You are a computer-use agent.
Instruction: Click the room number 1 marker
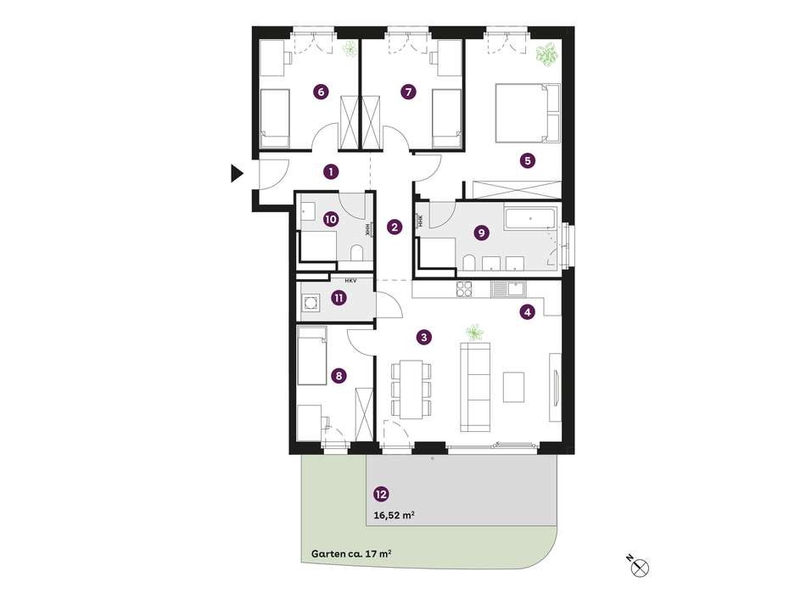pos(331,171)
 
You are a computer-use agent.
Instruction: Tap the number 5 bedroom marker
pos(528,161)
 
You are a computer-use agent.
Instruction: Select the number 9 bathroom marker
pos(481,232)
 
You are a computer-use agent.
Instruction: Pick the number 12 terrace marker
pos(381,495)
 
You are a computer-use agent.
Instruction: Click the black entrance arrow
pos(237,173)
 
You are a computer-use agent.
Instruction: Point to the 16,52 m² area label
pos(395,516)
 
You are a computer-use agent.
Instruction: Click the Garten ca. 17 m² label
pos(352,554)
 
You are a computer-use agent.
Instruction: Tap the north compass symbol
pos(640,568)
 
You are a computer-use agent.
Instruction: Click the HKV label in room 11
pos(351,281)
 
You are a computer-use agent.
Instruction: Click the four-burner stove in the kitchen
pos(464,288)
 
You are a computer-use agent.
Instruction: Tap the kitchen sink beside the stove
pos(508,288)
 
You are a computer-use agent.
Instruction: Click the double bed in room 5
pos(527,113)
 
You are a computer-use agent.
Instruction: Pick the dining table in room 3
pos(411,389)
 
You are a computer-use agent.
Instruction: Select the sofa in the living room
pos(475,388)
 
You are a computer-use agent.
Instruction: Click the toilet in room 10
pos(356,253)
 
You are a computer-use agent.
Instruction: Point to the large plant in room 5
pos(546,55)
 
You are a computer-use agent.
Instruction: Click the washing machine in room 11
pos(310,302)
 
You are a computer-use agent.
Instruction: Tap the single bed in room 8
pos(312,356)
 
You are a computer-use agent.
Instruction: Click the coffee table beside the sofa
pos(513,387)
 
